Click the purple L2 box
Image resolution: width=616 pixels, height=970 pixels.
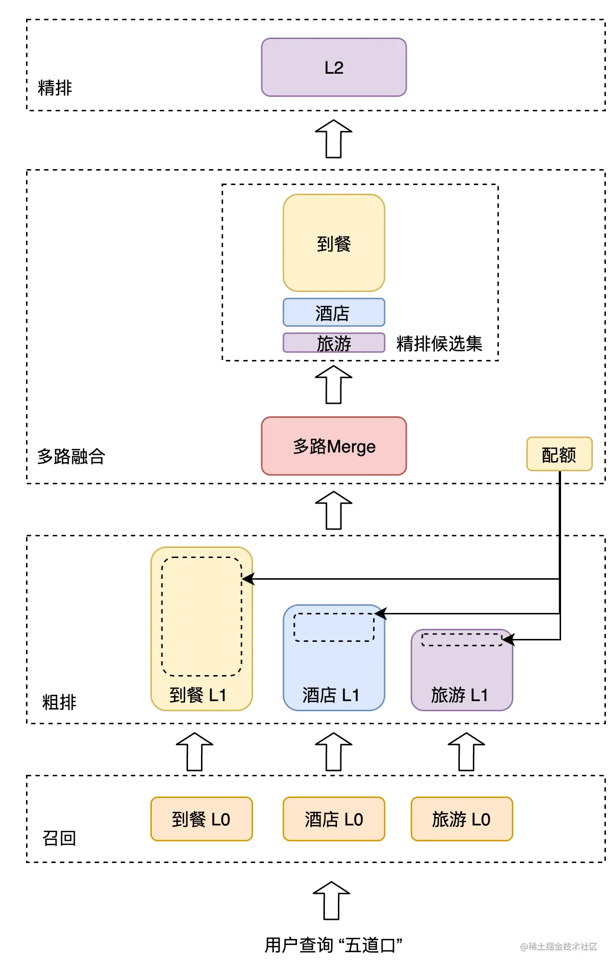(334, 67)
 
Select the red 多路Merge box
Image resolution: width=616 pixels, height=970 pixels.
(334, 446)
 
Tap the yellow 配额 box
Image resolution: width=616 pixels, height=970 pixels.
(559, 454)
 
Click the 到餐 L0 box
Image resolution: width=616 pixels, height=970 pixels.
(201, 819)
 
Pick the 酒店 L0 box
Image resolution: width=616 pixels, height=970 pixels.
(334, 819)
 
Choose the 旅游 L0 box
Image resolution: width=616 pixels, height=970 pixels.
(461, 819)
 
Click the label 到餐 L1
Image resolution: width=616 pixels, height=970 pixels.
(198, 695)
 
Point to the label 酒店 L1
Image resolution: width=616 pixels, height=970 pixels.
(331, 695)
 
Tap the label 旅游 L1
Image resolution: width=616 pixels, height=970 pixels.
(459, 695)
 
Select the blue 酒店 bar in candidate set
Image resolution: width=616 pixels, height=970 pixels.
(334, 313)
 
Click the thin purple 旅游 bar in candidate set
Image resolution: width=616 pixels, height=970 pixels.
(334, 343)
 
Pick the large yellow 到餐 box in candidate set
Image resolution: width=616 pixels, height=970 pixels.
(334, 243)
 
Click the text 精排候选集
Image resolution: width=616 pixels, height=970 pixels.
(439, 344)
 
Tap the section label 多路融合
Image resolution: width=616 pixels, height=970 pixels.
(71, 456)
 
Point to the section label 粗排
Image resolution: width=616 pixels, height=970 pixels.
(59, 702)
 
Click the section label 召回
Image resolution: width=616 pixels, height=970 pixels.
(59, 838)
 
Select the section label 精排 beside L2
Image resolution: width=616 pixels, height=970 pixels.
(55, 88)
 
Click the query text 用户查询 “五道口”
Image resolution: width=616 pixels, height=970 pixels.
(334, 945)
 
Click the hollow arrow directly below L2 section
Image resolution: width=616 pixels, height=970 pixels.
(334, 139)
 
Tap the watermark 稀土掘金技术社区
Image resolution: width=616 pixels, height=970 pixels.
(559, 946)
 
